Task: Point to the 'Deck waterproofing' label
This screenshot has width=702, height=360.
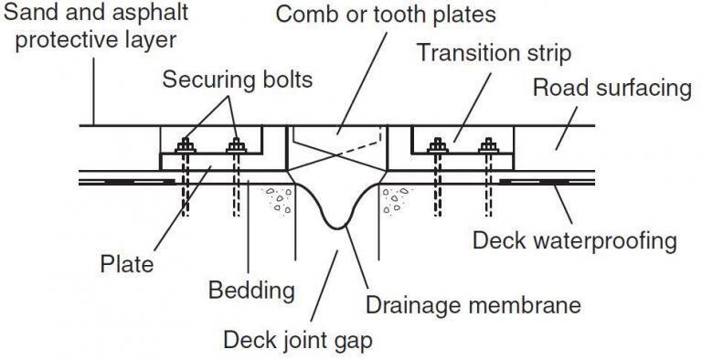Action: click(x=574, y=242)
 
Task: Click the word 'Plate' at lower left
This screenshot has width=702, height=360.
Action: click(x=127, y=267)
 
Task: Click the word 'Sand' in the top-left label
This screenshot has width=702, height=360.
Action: click(x=25, y=14)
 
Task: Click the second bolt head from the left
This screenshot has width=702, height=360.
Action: click(x=238, y=144)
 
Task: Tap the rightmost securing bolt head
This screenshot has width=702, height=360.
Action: click(x=489, y=144)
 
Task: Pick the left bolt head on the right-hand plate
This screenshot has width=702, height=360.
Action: click(x=438, y=144)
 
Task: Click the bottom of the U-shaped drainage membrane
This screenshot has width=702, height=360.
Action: click(x=339, y=223)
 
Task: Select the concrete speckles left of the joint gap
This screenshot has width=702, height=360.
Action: click(x=277, y=200)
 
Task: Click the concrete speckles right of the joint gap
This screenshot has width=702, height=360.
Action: click(x=399, y=200)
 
